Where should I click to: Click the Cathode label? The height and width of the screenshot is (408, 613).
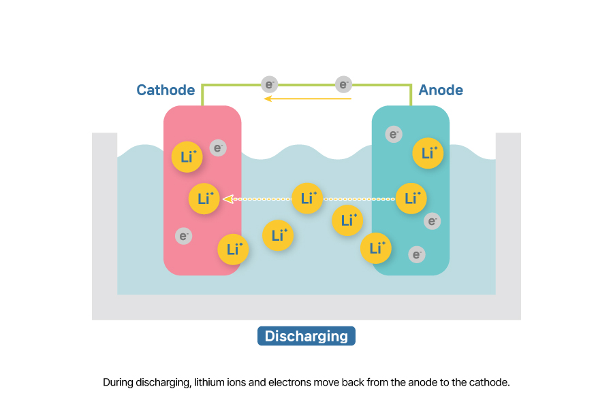coord(166,90)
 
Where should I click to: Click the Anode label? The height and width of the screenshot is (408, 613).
coord(441,90)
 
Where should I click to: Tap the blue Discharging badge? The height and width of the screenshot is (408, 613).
coord(306,336)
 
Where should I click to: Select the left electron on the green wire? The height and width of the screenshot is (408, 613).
coord(270,84)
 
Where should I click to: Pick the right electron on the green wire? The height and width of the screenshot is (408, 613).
coord(344,84)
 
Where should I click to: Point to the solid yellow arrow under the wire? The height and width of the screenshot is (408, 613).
coord(308,99)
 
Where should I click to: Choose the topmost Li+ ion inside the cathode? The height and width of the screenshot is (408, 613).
coord(187,156)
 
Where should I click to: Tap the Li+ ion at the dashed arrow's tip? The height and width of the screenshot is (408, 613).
coord(204,199)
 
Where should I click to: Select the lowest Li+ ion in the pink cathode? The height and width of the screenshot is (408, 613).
coord(233,250)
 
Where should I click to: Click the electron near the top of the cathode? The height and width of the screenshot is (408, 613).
coord(218,148)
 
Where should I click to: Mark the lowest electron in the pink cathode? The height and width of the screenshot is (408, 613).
coord(183,236)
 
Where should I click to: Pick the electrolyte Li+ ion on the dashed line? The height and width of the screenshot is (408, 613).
coord(307,199)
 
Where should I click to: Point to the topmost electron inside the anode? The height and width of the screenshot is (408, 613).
coord(394,134)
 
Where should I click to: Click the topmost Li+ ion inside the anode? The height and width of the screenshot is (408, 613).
coord(428,153)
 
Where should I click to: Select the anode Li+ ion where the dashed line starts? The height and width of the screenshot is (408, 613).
coord(411,199)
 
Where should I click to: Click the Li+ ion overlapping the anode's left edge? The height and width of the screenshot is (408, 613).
coord(376,248)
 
